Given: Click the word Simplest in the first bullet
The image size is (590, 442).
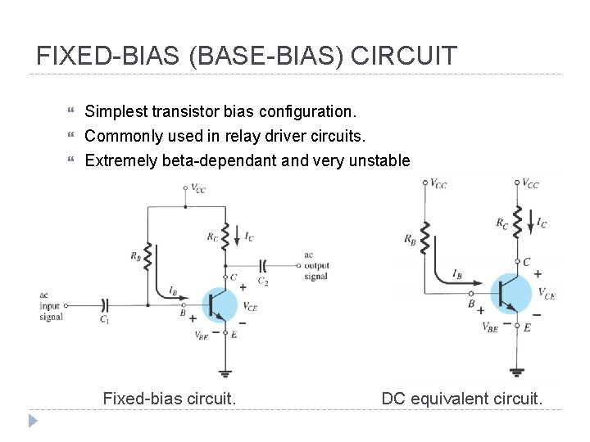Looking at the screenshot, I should coord(115,110).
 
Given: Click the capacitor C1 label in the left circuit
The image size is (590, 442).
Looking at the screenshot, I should coord(104,320).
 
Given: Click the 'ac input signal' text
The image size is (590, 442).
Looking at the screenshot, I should coord(51,305).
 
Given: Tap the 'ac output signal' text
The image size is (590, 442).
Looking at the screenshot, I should coord(316,265).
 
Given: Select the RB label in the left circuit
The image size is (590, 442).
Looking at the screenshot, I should coord(135,255).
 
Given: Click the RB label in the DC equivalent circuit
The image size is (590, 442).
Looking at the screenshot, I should coord(410,239).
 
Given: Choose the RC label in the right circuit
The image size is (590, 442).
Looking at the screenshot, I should coord(502,222).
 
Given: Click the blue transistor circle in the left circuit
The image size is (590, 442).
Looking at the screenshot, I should coord(220,305).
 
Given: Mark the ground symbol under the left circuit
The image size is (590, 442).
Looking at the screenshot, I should coord(225,372).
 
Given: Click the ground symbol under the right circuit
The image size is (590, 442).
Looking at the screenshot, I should coord(516,371).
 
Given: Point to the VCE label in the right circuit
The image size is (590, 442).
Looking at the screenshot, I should coord(546,294).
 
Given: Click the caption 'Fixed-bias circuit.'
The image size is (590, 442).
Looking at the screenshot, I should coord(170,399).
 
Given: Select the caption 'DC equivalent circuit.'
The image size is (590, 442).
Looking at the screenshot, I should coord(461,399).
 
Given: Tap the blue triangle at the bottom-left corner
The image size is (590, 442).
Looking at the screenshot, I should coord(33,421).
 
